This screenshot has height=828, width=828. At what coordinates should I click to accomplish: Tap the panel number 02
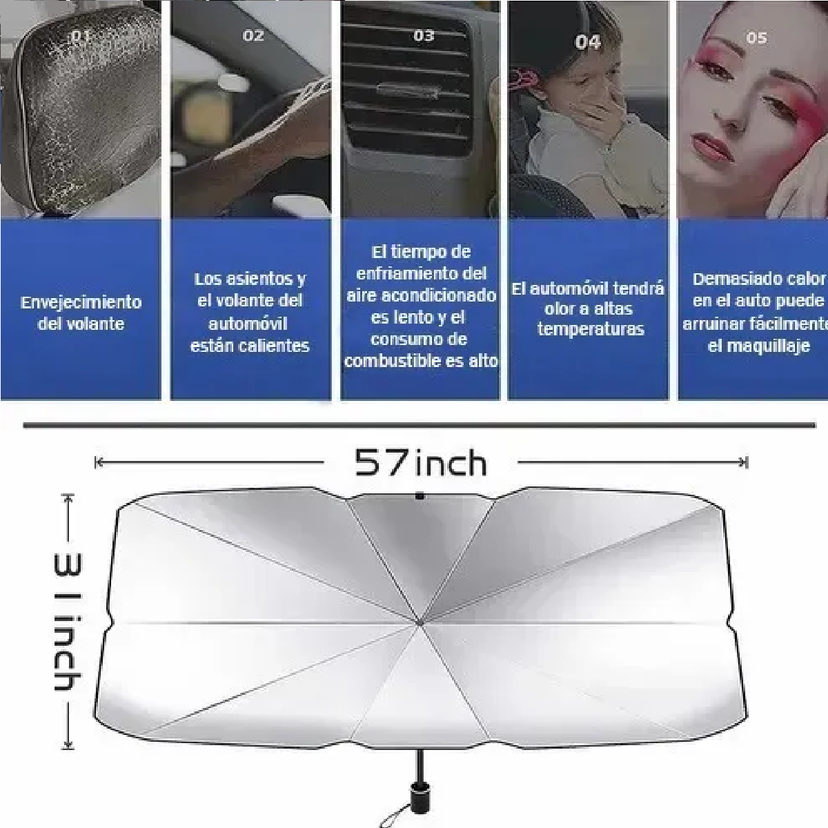pyautogui.click(x=253, y=36)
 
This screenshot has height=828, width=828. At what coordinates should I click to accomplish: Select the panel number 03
pyautogui.click(x=424, y=36)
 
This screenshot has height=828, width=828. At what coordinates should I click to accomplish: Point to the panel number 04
pyautogui.click(x=587, y=43)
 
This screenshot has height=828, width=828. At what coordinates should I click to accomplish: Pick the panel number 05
pyautogui.click(x=756, y=38)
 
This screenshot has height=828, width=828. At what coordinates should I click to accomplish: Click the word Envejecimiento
pyautogui.click(x=81, y=302)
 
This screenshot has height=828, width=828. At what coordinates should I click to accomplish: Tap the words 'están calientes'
pyautogui.click(x=250, y=346)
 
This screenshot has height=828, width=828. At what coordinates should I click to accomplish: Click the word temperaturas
pyautogui.click(x=590, y=329)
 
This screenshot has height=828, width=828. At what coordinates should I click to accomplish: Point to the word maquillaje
pyautogui.click(x=758, y=346)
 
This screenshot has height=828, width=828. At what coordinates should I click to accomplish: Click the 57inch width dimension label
pyautogui.click(x=420, y=462)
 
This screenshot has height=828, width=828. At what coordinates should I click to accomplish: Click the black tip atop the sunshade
pyautogui.click(x=420, y=495)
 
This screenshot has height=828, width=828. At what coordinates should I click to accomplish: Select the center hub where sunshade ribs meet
pyautogui.click(x=420, y=624)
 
